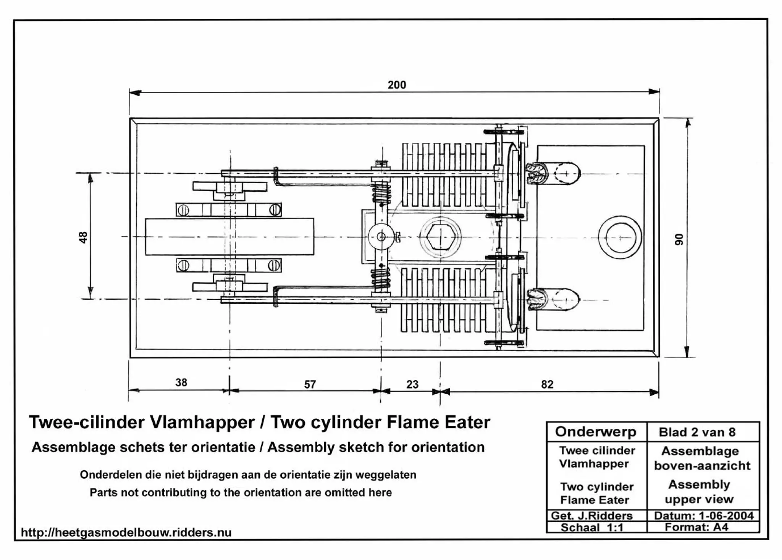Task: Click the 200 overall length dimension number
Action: pos(397,85)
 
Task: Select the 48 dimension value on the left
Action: pos(83,237)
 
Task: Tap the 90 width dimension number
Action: pos(679,239)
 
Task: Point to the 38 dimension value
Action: pos(181,382)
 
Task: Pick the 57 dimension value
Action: pos(310,384)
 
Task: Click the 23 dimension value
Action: pos(412,384)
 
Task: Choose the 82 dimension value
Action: pos(547,384)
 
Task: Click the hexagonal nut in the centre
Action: pos(440,237)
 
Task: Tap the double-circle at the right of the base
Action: pos(620,237)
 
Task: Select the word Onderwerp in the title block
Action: pos(595,432)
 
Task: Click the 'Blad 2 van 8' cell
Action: pos(697,432)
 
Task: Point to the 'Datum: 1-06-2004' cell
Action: pos(703,516)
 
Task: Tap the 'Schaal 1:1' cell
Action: pos(591,528)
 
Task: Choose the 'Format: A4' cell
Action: pos(696,527)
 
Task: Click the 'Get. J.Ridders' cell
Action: pos(591,516)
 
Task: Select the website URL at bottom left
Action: pos(126,533)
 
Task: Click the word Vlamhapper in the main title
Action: pos(202,422)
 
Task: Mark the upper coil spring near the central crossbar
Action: pos(381,193)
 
